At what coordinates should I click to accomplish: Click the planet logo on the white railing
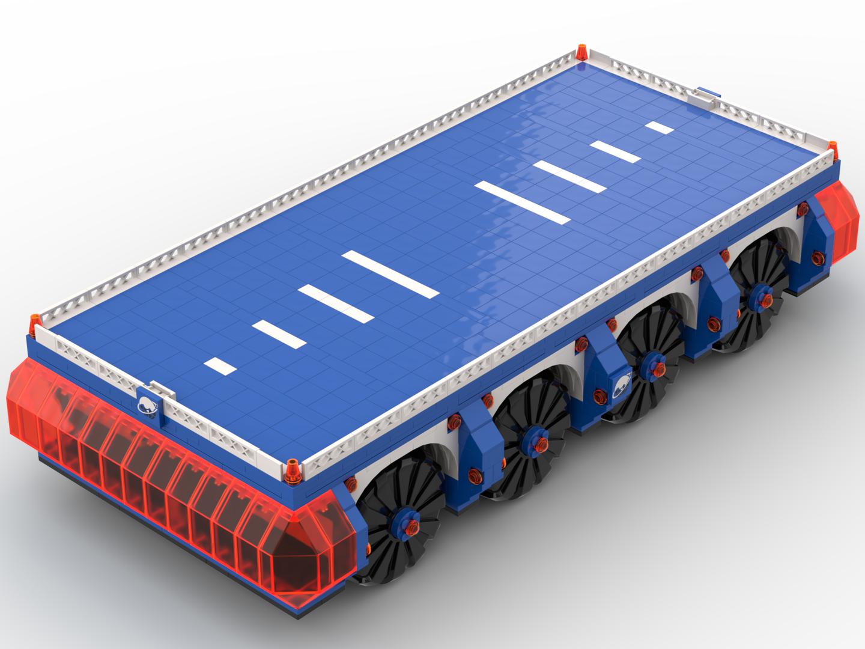coord(148,406)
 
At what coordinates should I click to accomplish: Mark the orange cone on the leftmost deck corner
coord(35,322)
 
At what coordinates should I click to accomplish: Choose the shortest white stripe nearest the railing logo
coord(221,364)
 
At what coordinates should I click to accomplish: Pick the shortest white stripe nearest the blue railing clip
coord(659,127)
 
